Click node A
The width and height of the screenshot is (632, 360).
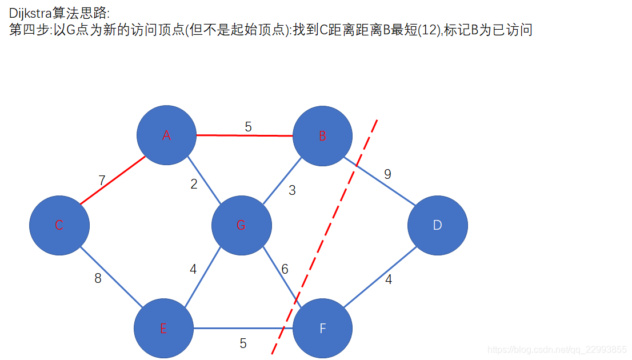pos(166,135)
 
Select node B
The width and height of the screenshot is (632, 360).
pos(322,136)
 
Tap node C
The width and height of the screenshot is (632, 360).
pos(59,225)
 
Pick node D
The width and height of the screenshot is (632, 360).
pos(437,225)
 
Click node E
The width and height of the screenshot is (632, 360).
pos(163,329)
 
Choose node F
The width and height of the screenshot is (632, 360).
pos(322,329)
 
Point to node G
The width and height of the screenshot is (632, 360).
pos(241,225)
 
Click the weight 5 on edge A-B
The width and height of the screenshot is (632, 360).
pos(248,127)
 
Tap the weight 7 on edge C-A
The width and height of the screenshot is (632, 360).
pos(102,181)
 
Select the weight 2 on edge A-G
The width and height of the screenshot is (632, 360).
pos(194,184)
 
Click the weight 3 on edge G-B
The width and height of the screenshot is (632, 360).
pos(292,191)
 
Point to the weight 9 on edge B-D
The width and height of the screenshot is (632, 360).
pos(387,174)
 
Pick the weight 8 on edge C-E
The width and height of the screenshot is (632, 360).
pos(98,279)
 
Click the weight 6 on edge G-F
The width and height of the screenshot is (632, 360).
pos(285,269)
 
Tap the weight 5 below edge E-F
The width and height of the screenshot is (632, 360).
pos(243,343)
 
